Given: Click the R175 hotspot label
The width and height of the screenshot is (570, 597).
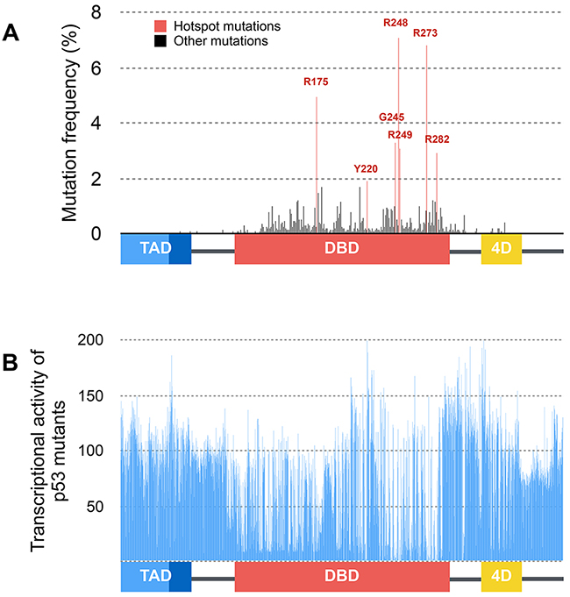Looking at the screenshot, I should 316,82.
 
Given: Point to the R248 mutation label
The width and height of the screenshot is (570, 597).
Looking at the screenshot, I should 396,22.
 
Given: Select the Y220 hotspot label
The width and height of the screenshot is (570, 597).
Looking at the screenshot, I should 366,167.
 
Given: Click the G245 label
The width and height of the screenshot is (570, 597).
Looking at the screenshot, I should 391,117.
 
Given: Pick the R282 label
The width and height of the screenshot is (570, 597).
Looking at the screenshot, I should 437,139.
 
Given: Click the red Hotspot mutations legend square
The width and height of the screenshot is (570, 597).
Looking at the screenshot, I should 159,26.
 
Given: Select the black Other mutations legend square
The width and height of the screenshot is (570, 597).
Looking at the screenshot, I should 159,40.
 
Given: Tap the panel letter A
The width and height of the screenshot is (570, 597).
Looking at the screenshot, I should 11,34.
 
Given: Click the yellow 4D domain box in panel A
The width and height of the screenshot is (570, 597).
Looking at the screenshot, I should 502,248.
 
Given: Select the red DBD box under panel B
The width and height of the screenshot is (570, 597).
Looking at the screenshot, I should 342,575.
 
